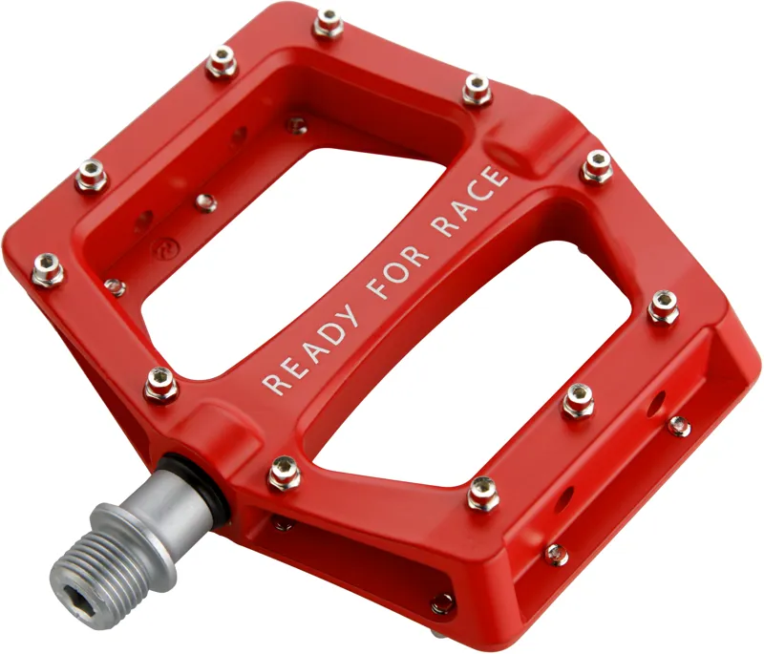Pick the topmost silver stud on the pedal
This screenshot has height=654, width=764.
[x=328, y=21]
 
